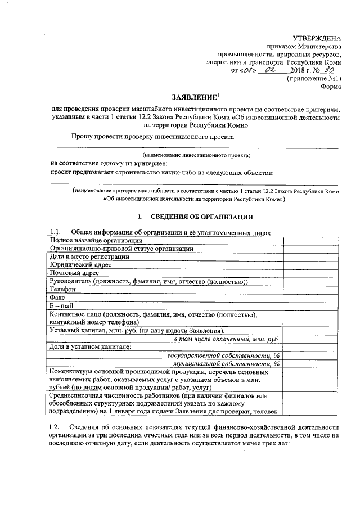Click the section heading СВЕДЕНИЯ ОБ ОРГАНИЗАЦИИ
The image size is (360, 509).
pyautogui.click(x=201, y=217)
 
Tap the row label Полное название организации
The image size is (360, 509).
pyautogui.click(x=95, y=241)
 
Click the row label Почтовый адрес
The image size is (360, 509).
pyautogui.click(x=74, y=273)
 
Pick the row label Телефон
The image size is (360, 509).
pyautogui.click(x=62, y=289)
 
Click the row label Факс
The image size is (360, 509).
pyautogui.click(x=57, y=298)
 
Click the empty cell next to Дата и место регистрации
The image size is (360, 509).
pyautogui.click(x=310, y=256)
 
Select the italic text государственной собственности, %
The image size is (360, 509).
pyautogui.click(x=224, y=355)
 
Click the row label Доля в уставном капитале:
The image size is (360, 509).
pyautogui.click(x=91, y=346)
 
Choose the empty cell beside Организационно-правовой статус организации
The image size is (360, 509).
pyautogui.click(x=310, y=249)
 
